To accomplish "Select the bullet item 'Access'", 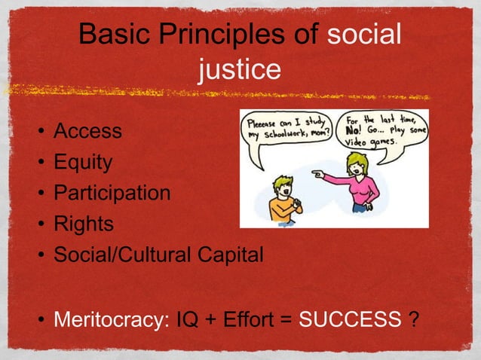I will pyautogui.click(x=87, y=131).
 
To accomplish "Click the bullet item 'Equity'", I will pyautogui.click(x=82, y=162).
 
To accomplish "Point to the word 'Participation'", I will pyautogui.click(x=112, y=193).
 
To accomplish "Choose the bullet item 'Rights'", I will pyautogui.click(x=83, y=224).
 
